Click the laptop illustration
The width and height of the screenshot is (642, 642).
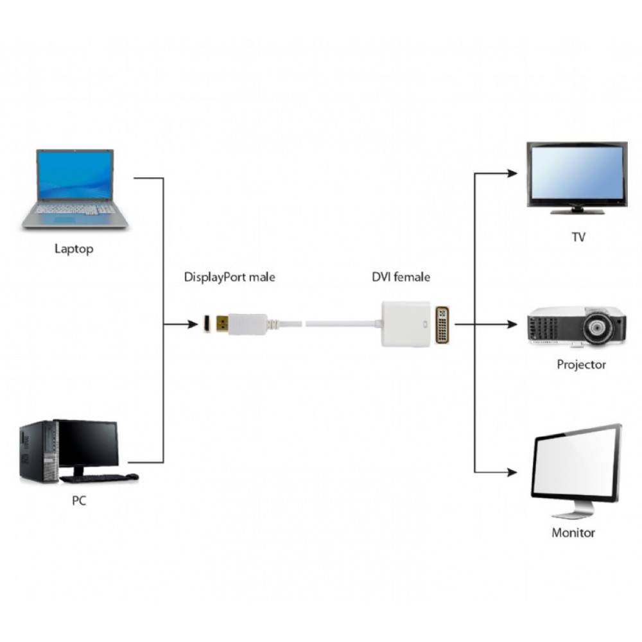(75, 189)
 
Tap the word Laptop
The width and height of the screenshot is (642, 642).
(74, 249)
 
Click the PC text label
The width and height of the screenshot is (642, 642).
(78, 501)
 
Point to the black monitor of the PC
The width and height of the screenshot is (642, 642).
(87, 444)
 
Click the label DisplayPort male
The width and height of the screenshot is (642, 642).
(229, 277)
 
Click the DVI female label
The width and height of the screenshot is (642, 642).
(401, 277)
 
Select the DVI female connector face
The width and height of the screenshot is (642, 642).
(444, 324)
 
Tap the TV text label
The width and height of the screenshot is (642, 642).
(578, 238)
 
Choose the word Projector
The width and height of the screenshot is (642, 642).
(581, 365)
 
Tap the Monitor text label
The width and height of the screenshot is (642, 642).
(573, 533)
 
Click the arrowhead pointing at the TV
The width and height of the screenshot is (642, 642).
(512, 173)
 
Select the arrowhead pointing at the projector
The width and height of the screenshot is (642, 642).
(512, 325)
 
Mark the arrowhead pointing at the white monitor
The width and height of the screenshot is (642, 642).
(512, 473)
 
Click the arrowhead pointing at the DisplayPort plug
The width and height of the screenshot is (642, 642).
(193, 325)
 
